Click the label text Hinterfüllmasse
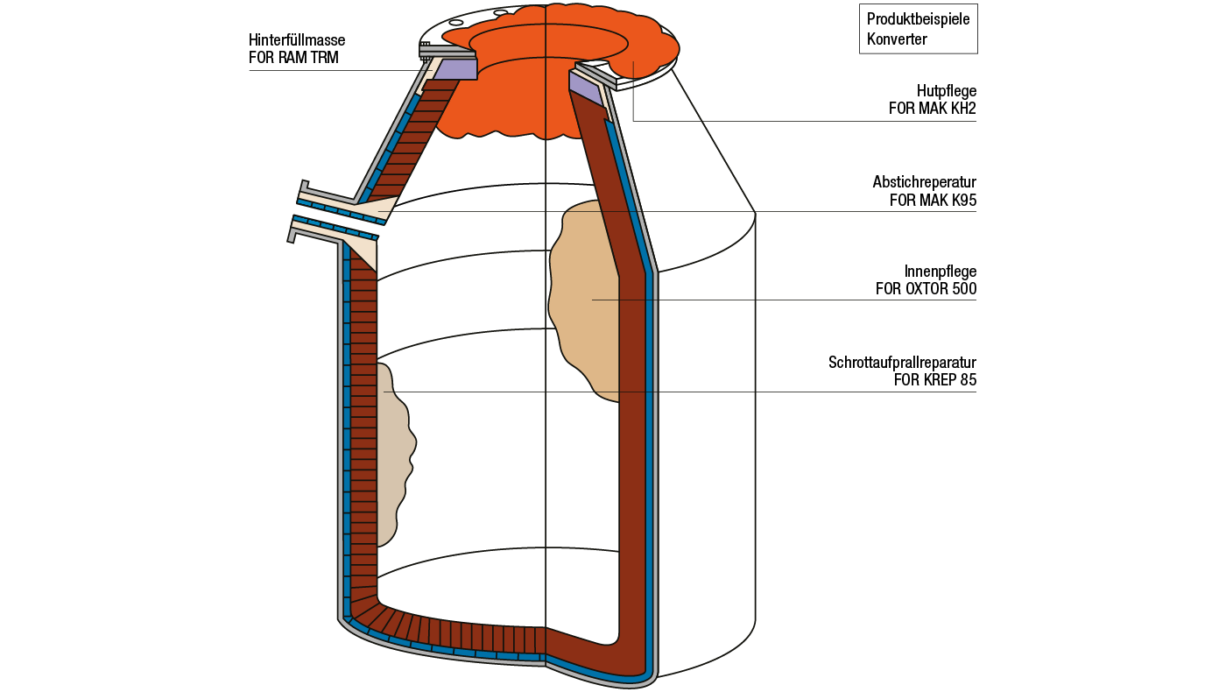tap(297, 40)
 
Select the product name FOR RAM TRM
tap(293, 59)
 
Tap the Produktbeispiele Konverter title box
tap(918, 29)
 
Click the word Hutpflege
tap(947, 90)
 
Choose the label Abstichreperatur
tap(924, 182)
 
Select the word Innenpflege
tap(940, 271)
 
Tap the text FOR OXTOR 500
tap(926, 289)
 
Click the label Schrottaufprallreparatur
tap(902, 362)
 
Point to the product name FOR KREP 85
tap(934, 380)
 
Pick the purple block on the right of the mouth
tap(585, 86)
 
